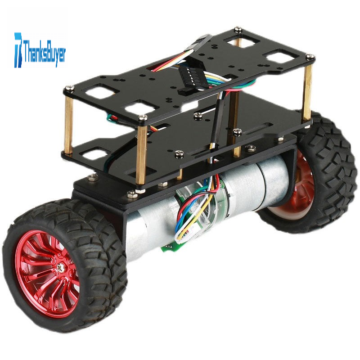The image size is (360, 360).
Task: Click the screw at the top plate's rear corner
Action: pyautogui.click(x=238, y=29)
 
